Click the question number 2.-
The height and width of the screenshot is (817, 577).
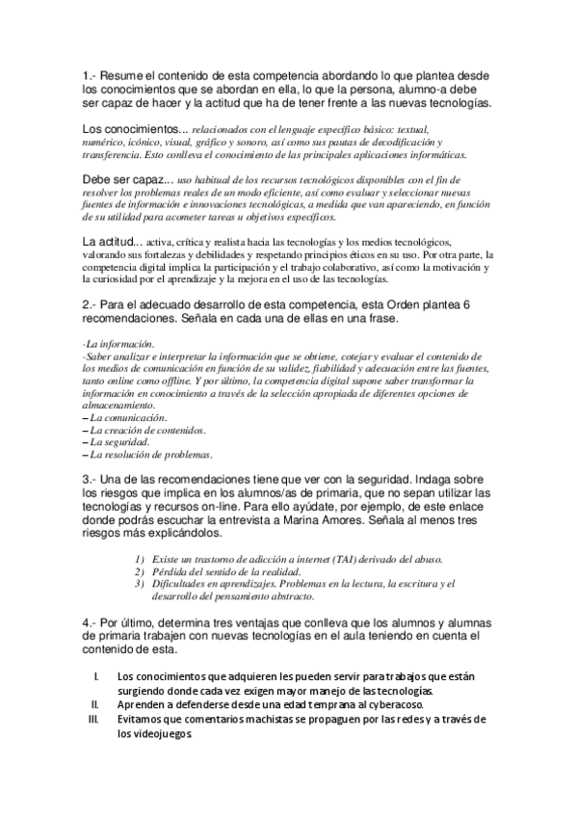tap(88, 304)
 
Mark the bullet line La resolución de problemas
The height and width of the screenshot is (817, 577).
tap(149, 455)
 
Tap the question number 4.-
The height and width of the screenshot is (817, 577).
tap(88, 623)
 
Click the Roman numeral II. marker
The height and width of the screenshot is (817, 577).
tap(93, 706)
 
